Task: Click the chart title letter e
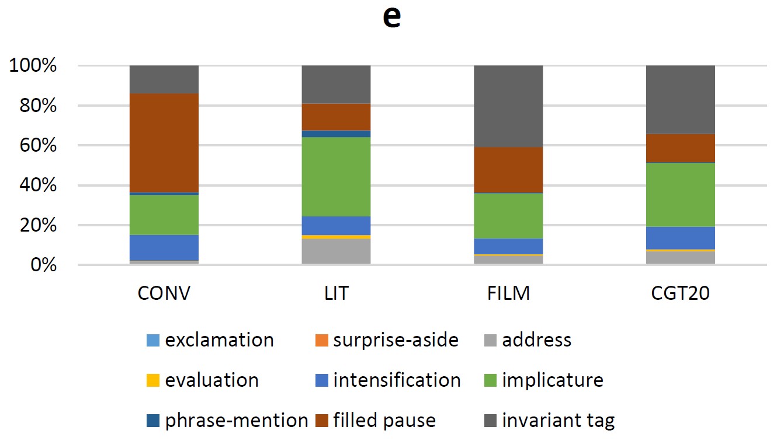[391, 17]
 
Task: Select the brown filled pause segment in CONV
[164, 142]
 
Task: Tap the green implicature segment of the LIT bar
[336, 177]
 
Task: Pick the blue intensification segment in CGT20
[680, 237]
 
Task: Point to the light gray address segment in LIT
[336, 251]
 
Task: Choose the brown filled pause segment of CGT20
[680, 148]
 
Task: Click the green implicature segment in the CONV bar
[164, 215]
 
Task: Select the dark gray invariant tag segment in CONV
[164, 79]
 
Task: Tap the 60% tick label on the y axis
[33, 146]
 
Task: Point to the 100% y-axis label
[33, 66]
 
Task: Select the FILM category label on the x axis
[508, 293]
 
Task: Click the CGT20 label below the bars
[680, 293]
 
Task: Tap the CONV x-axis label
[164, 293]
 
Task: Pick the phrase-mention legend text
[237, 421]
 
